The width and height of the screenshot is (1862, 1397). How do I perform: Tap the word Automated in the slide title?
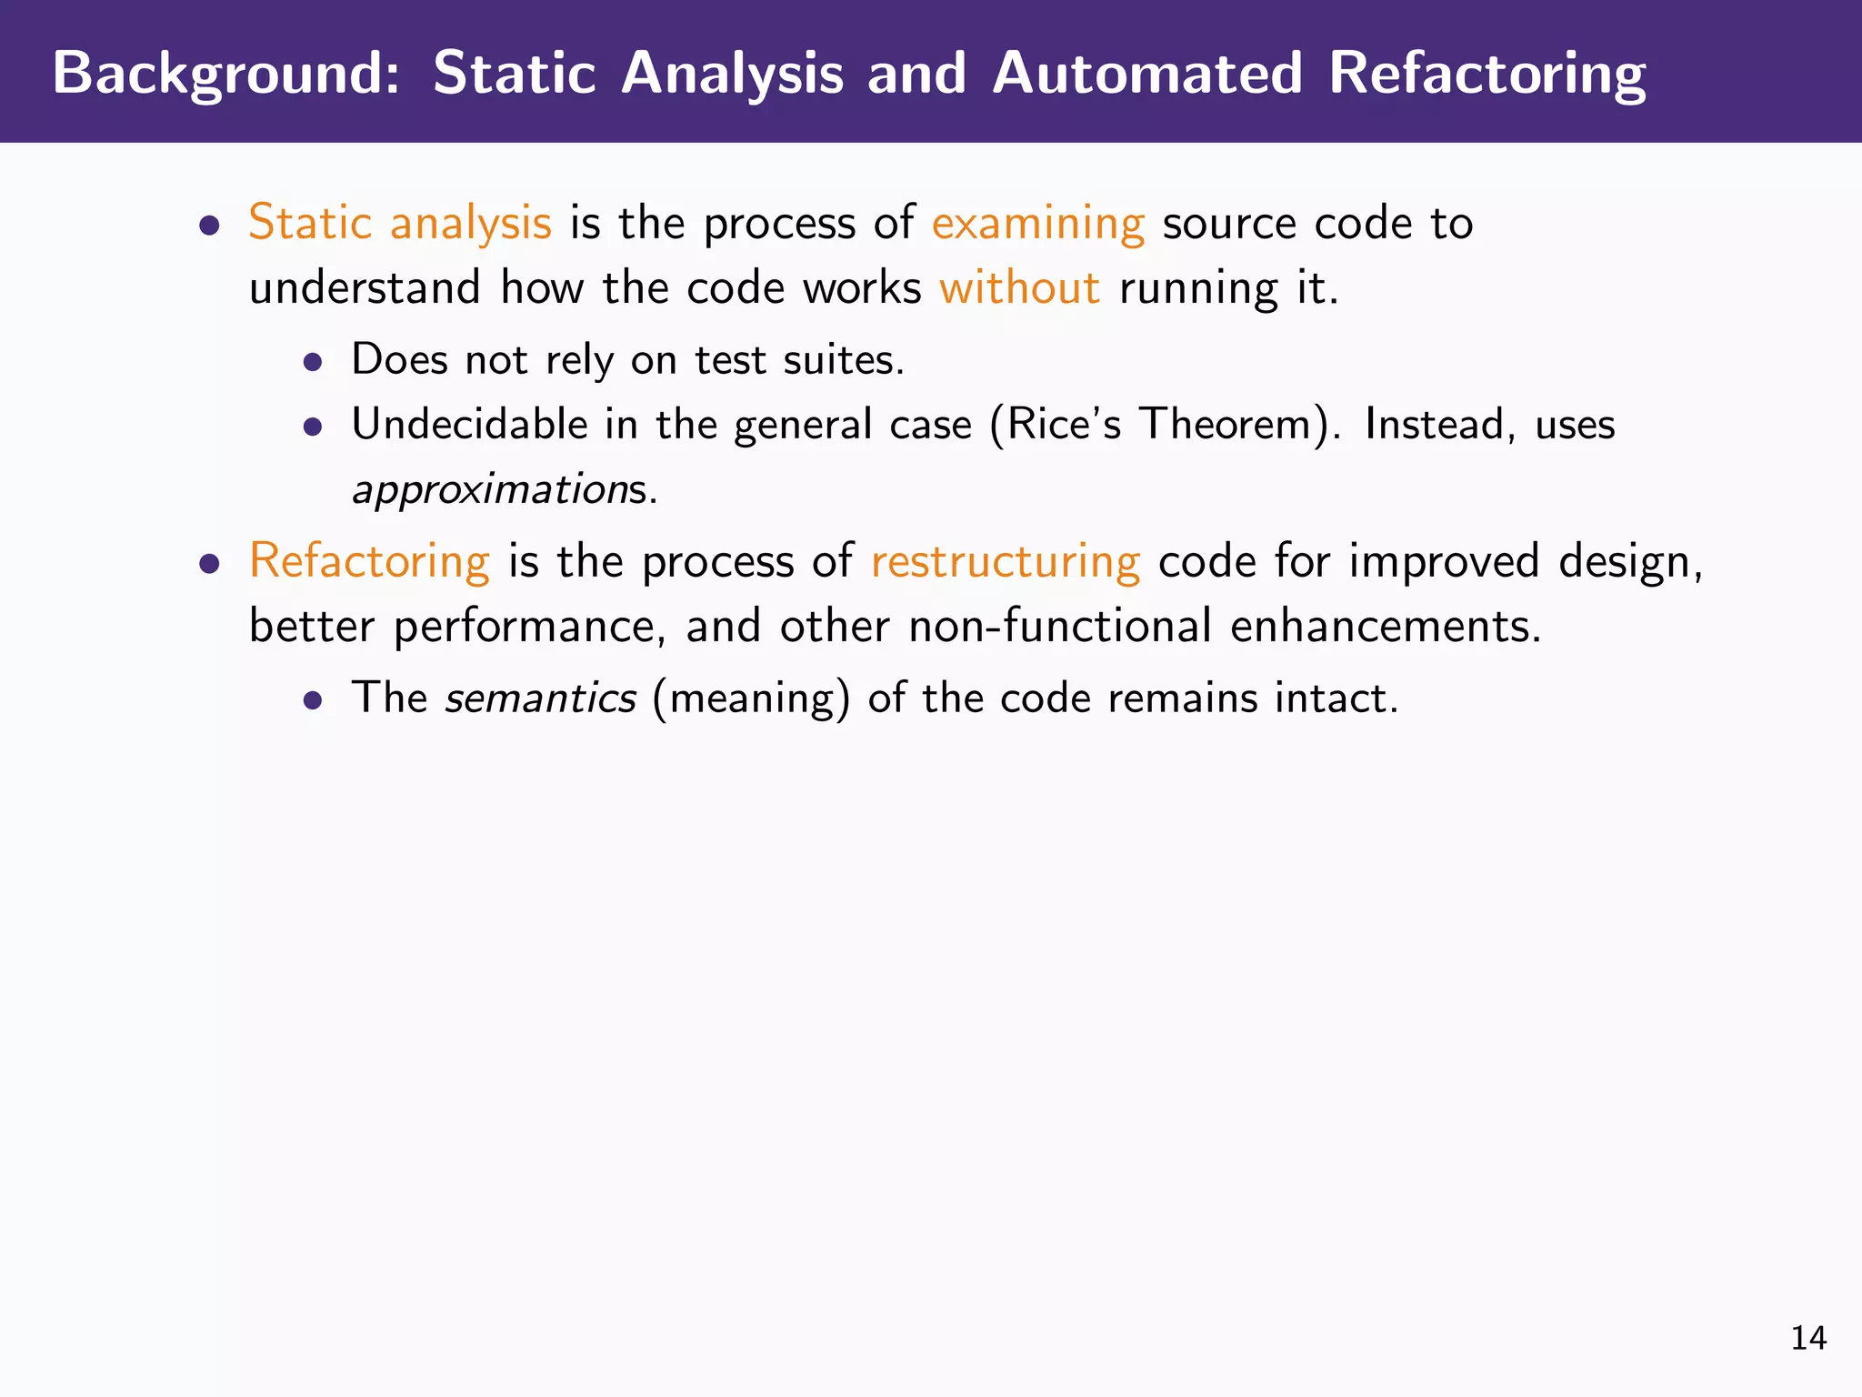point(1147,73)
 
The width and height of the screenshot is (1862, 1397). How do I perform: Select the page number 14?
point(1807,1338)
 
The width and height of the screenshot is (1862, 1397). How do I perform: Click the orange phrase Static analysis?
point(400,223)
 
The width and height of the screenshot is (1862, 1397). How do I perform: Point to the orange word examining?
point(1037,223)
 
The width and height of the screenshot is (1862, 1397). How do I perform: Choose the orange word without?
point(1019,287)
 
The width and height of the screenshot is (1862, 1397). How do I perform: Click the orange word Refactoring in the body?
point(369,560)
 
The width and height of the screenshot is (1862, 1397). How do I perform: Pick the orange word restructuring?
point(1005,560)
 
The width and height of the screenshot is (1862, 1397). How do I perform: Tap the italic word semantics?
point(540,698)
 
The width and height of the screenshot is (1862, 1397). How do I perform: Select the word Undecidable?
point(470,424)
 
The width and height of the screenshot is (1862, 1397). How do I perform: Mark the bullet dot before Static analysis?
point(210,225)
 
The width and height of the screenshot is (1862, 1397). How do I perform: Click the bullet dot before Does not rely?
point(314,362)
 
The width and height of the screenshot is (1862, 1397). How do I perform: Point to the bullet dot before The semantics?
point(314,700)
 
